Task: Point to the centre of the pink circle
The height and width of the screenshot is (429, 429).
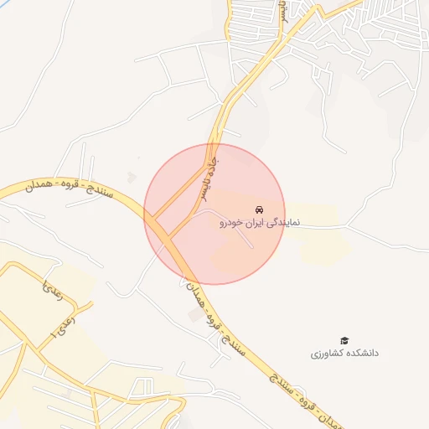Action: tap(214, 214)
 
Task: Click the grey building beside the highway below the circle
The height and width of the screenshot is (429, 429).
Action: tap(195, 315)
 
